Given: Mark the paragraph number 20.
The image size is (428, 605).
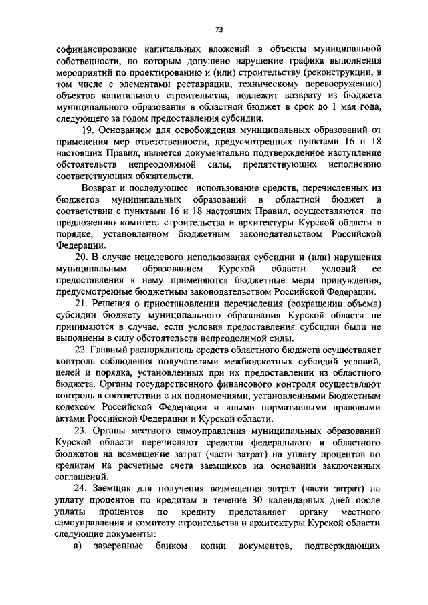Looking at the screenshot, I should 86,257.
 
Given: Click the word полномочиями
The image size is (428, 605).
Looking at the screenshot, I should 195,396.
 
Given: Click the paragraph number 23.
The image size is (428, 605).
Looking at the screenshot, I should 86,431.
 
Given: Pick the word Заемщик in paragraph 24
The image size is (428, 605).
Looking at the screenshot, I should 119,489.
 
